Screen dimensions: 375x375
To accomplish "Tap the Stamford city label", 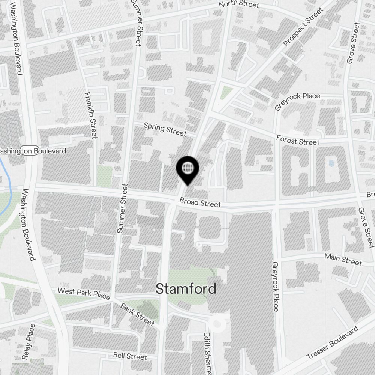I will pos(186,289).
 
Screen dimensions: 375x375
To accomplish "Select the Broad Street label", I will pos(200,203).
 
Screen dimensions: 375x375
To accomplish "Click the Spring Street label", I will pos(165,129).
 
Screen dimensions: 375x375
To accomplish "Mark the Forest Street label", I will pos(298,140).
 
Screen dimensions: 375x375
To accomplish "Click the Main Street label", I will pos(343,259).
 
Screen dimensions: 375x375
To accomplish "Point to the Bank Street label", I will pos(137,314).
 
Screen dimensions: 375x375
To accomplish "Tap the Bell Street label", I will pos(130,356).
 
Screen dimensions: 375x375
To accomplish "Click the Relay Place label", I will pos(28,342).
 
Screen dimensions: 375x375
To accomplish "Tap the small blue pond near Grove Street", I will pos(331,163).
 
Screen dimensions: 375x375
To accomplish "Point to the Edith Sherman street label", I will pos(207,352).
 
